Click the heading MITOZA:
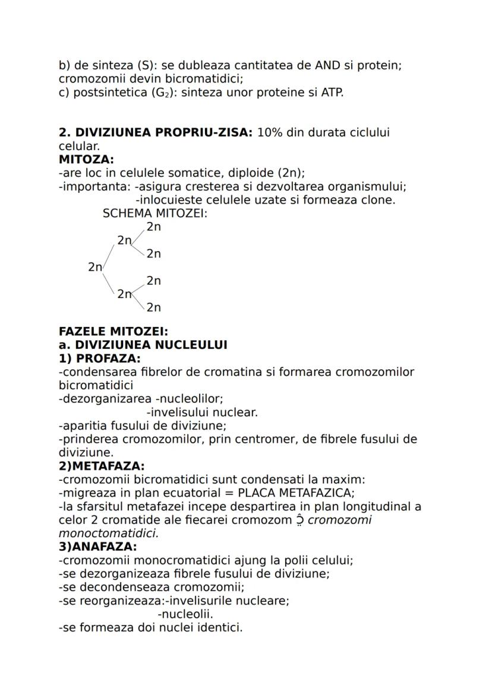pos(86,160)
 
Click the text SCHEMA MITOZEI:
pos(155,214)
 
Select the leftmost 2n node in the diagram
pos(95,267)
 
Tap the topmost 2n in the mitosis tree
pos(154,227)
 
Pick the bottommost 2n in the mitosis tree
pos(154,307)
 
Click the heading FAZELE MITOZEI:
pos(113,332)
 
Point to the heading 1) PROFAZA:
pos(99,358)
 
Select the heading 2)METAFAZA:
pos(102,466)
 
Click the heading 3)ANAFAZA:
pos(97,547)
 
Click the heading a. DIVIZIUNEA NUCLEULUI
pos(143,345)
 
